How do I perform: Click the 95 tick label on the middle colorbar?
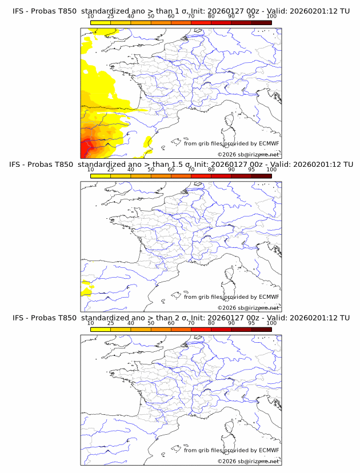pyautogui.click(x=251, y=170)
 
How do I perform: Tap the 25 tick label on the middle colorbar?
pyautogui.click(x=110, y=170)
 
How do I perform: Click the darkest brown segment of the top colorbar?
pyautogui.click(x=261, y=22)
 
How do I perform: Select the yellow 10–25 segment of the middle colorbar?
pyautogui.click(x=100, y=176)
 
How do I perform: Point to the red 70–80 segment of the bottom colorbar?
pyautogui.click(x=201, y=330)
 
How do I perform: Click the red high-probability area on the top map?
pyautogui.click(x=86, y=150)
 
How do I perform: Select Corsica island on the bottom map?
pyautogui.click(x=230, y=427)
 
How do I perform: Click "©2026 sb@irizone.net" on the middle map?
pyautogui.click(x=249, y=308)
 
